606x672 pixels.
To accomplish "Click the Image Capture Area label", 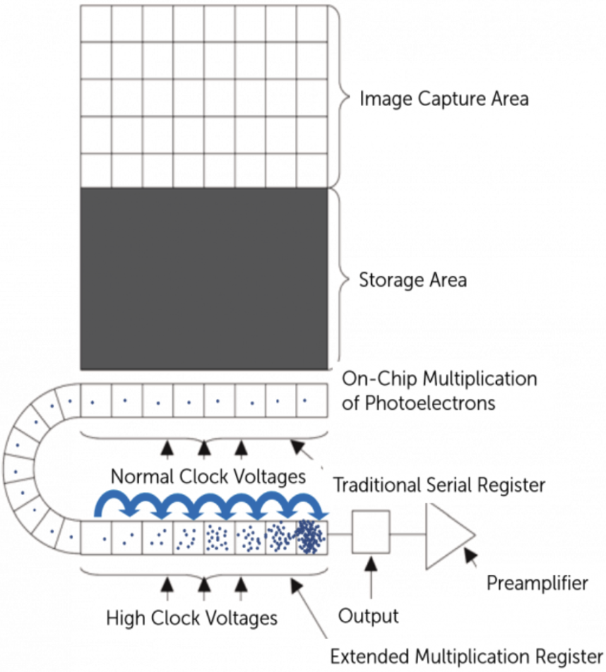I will (x=443, y=99).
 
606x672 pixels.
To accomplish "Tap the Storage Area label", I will (x=413, y=280).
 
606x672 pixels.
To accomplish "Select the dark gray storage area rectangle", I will (x=203, y=278).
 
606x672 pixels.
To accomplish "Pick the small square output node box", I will (x=371, y=534).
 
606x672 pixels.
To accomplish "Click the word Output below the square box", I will (x=369, y=616).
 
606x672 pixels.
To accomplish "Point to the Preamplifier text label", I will (x=537, y=583).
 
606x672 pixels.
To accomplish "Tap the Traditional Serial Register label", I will (x=439, y=485).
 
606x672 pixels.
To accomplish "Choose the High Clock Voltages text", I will (x=191, y=617).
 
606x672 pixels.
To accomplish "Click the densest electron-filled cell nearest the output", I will (x=312, y=537).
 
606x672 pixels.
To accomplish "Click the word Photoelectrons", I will (x=427, y=402).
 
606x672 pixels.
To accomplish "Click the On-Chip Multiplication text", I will (x=439, y=379).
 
